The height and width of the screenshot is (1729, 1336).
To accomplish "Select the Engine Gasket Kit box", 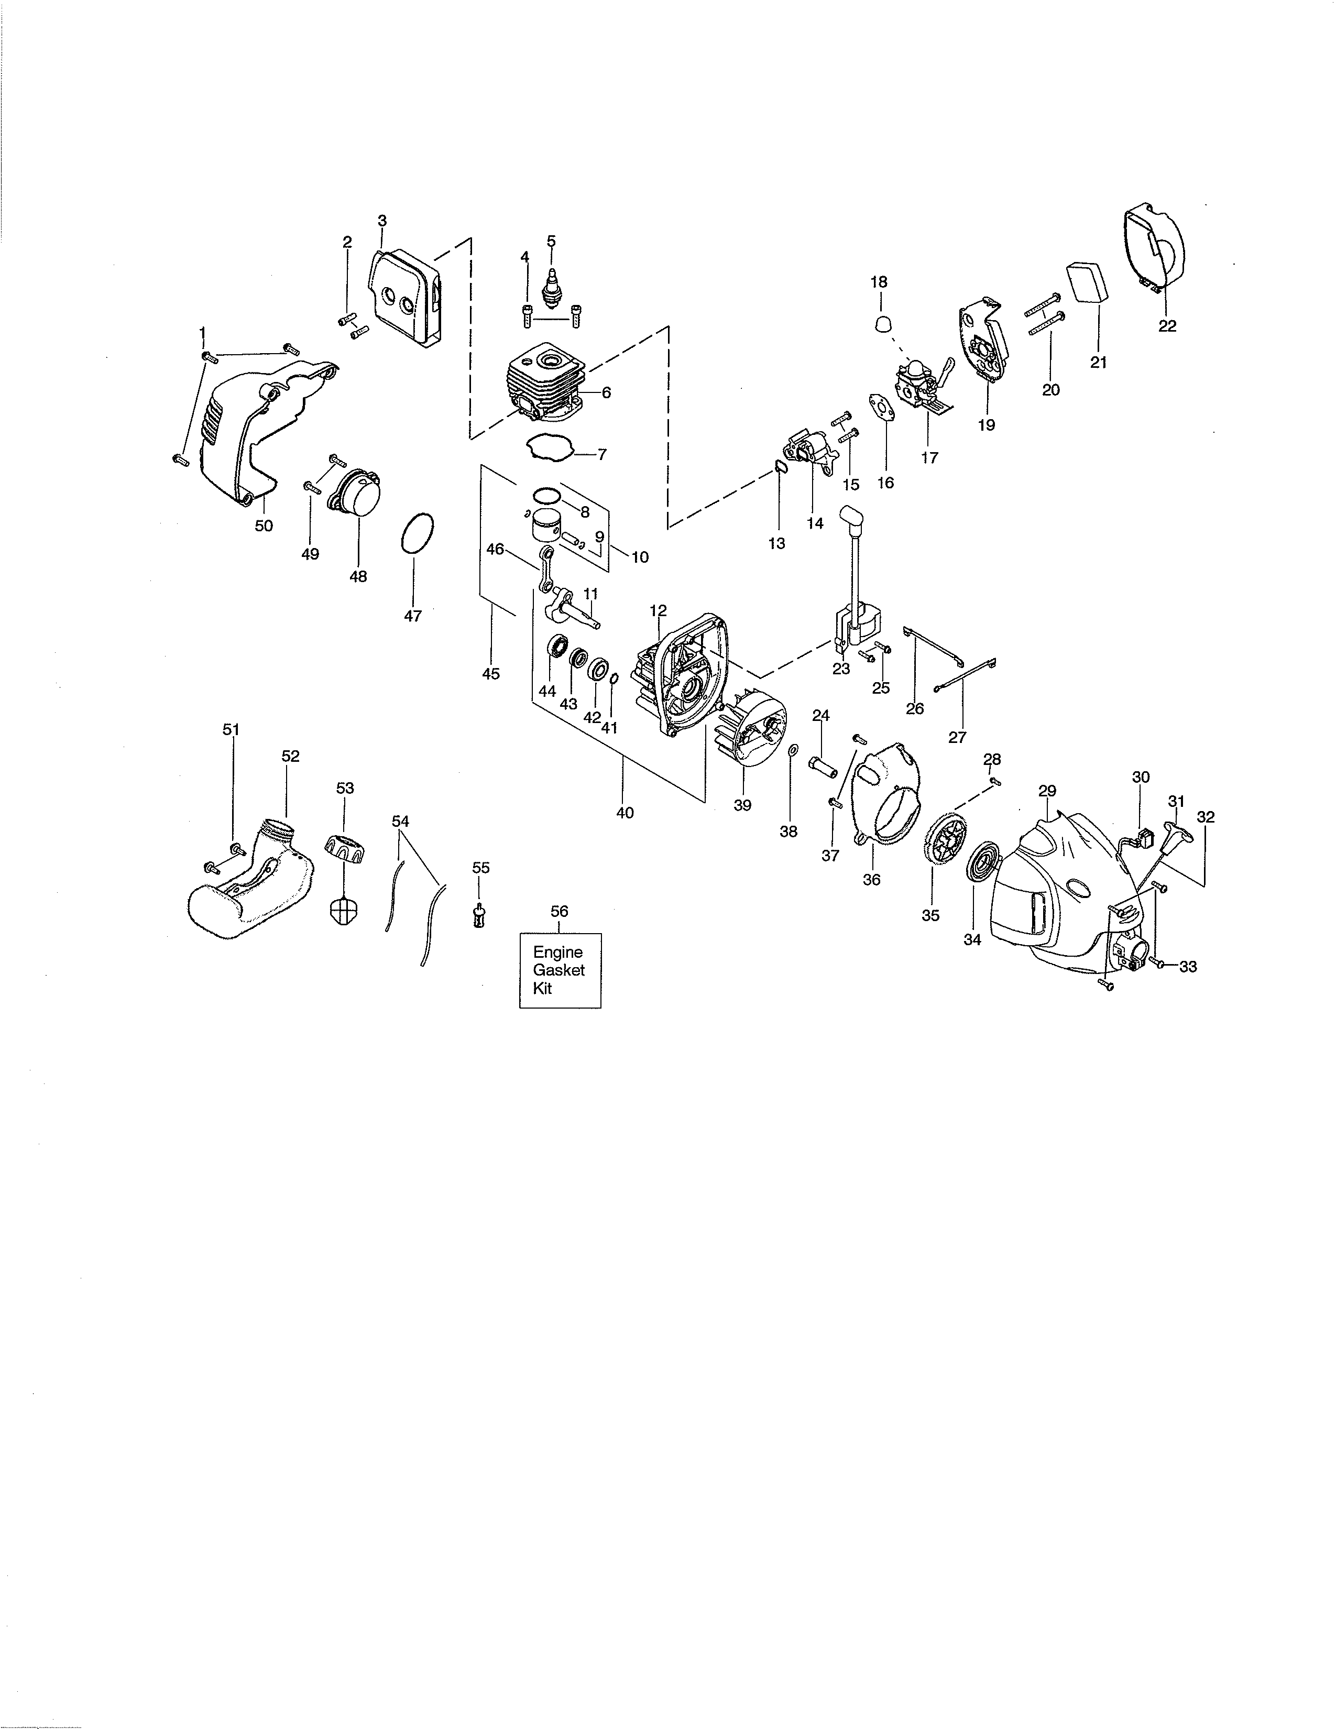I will tap(560, 970).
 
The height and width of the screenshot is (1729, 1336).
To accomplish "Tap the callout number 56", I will tap(559, 911).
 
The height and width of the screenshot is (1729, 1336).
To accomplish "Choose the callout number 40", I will tap(625, 812).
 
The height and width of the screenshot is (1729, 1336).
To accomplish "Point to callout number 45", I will tap(491, 674).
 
